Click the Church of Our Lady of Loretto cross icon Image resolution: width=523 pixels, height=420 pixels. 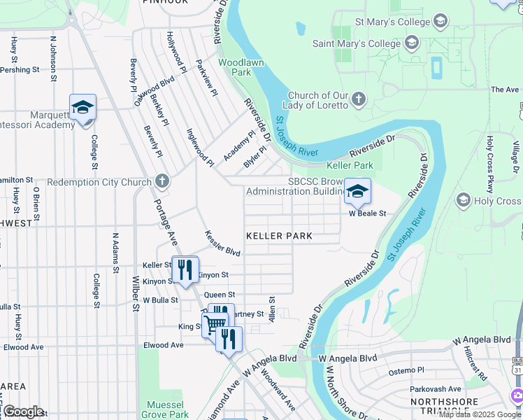[x=359, y=99]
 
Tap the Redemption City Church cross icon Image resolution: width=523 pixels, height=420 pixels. [x=162, y=182]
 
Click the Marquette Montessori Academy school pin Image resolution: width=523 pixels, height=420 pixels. [x=83, y=108]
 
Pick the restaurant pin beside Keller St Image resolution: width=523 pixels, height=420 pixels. [x=185, y=269]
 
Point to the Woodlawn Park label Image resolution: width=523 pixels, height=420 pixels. [x=235, y=67]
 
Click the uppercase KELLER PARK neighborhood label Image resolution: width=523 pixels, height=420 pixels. [x=279, y=236]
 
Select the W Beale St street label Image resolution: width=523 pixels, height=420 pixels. [x=368, y=214]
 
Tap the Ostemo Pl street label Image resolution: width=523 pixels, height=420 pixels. [x=406, y=370]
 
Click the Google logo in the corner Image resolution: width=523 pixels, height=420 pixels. [x=23, y=411]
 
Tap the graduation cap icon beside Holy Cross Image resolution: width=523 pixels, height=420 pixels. [x=463, y=201]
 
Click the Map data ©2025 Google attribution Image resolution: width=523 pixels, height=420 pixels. [x=480, y=414]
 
